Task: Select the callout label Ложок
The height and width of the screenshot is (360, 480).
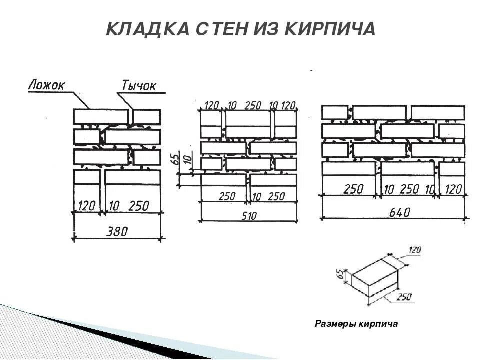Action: (46, 85)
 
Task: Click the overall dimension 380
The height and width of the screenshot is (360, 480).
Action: (117, 231)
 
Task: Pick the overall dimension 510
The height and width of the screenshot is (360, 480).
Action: (249, 215)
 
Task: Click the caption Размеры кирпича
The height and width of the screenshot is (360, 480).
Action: (356, 324)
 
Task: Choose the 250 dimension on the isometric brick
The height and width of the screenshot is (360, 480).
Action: (404, 297)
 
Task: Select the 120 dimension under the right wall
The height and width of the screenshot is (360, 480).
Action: (453, 189)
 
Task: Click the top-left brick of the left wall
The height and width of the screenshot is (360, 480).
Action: (101, 116)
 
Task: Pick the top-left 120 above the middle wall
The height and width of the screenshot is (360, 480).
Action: (212, 105)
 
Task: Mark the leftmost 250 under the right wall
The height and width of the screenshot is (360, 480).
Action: (353, 189)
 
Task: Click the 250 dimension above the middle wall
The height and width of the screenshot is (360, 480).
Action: (253, 105)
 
